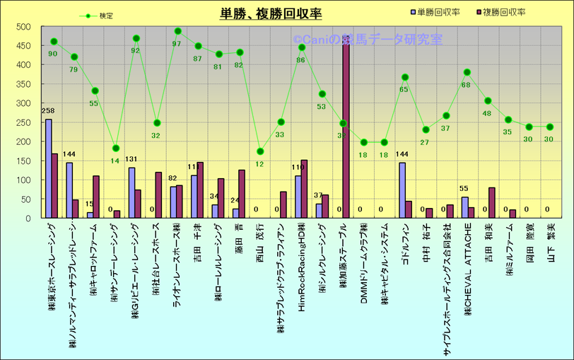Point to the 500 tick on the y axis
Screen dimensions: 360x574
tap(23, 27)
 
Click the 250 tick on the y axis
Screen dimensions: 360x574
tap(23, 122)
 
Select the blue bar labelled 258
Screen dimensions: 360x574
tap(48, 168)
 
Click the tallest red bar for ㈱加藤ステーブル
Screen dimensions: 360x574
tap(346, 127)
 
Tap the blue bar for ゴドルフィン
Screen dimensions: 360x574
tap(402, 190)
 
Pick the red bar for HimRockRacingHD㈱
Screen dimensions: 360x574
tap(305, 189)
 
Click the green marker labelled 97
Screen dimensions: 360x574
tap(177, 32)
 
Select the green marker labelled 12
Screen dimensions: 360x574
tap(259, 151)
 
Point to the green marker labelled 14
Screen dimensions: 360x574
tap(116, 149)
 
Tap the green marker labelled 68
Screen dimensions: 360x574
tap(467, 72)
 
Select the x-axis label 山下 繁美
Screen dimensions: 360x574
tap(551, 244)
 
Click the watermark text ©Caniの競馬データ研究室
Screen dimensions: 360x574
tap(368, 40)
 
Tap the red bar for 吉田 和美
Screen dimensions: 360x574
tap(491, 203)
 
